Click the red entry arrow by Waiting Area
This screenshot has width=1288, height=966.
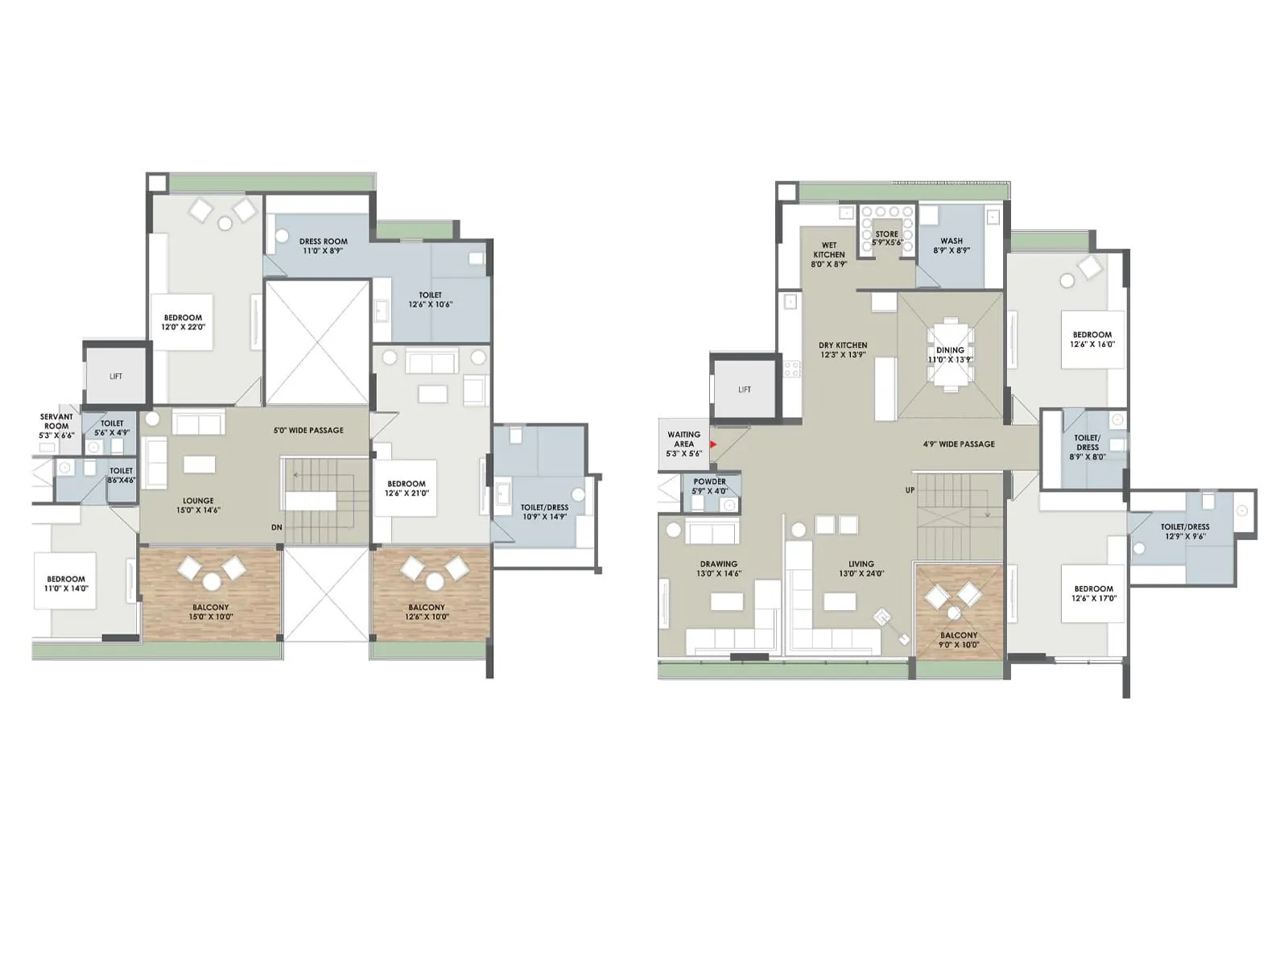pyautogui.click(x=713, y=444)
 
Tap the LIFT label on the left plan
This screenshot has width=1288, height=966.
pyautogui.click(x=116, y=376)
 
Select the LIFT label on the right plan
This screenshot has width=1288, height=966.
pyautogui.click(x=745, y=390)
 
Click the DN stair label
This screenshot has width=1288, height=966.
pyautogui.click(x=276, y=527)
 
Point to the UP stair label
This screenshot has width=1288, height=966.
pyautogui.click(x=910, y=489)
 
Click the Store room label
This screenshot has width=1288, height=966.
pyautogui.click(x=886, y=237)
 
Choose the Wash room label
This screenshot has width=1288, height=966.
pyautogui.click(x=952, y=245)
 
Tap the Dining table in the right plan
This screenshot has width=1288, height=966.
pyautogui.click(x=951, y=355)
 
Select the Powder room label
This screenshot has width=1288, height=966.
pyautogui.click(x=709, y=486)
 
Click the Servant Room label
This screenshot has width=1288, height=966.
pyautogui.click(x=56, y=426)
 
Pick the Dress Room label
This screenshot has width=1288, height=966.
pyautogui.click(x=323, y=246)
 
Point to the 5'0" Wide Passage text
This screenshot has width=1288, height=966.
pyautogui.click(x=308, y=430)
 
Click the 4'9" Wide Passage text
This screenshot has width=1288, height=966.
pyautogui.click(x=959, y=444)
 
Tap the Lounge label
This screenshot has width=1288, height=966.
pyautogui.click(x=198, y=505)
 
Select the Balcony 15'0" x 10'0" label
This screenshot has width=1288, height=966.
pyautogui.click(x=210, y=612)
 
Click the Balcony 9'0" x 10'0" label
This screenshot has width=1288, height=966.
pyautogui.click(x=959, y=640)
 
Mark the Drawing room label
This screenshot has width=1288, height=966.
pyautogui.click(x=718, y=568)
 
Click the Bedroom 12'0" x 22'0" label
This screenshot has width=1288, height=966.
pyautogui.click(x=183, y=322)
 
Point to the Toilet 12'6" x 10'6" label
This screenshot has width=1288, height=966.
pyautogui.click(x=431, y=299)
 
